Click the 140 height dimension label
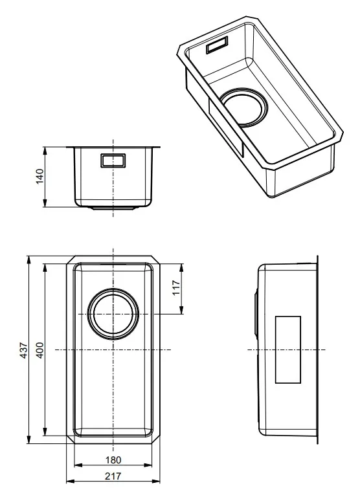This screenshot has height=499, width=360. (x=38, y=177)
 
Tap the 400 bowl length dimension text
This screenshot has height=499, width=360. (x=39, y=350)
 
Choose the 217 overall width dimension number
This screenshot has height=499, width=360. (x=113, y=476)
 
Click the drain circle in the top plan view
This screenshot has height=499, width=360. (x=113, y=314)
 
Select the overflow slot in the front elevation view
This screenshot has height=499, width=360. (x=113, y=161)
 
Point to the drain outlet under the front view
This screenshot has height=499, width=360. (x=113, y=208)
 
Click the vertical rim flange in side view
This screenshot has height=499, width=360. (x=317, y=349)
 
